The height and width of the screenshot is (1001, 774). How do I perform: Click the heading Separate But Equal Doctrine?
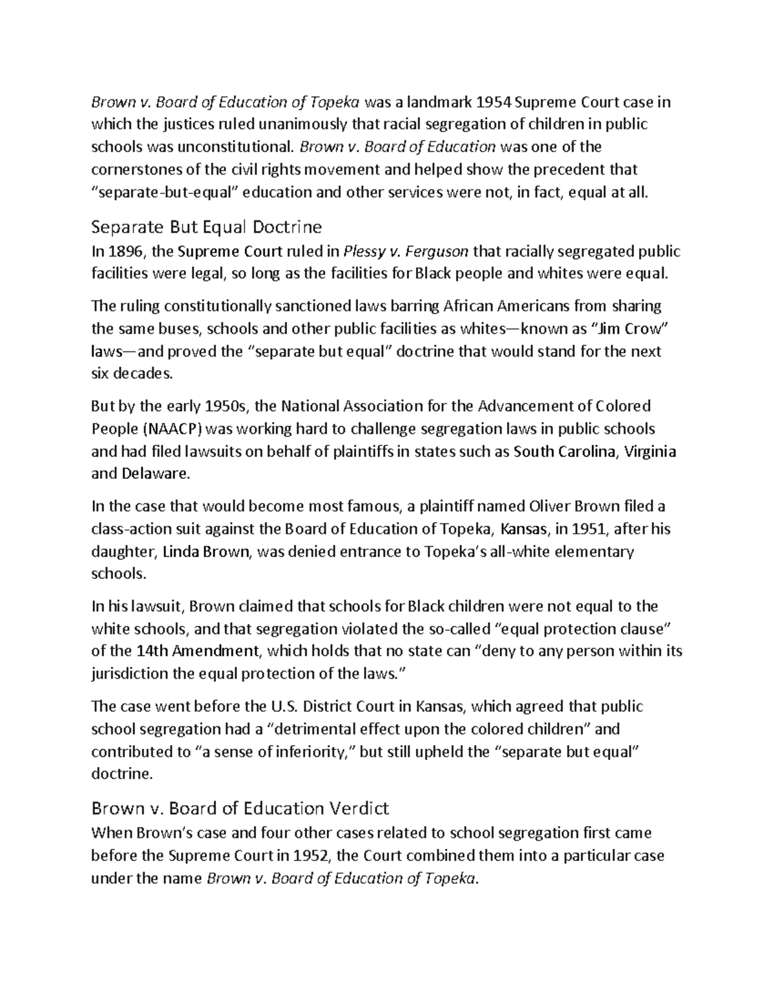pyautogui.click(x=206, y=227)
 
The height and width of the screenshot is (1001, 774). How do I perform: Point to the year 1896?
pyautogui.click(x=124, y=251)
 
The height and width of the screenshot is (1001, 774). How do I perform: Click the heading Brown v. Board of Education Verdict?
pyautogui.click(x=240, y=808)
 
